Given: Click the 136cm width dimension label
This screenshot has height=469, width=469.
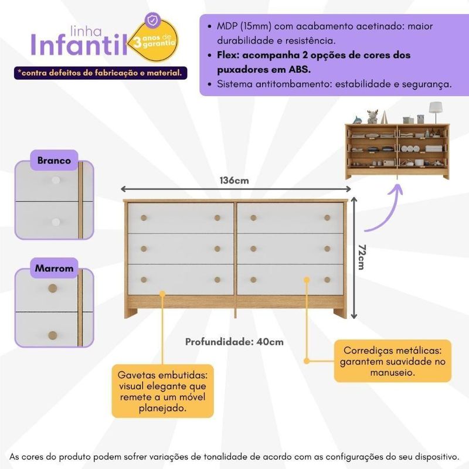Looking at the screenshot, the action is pyautogui.click(x=234, y=181).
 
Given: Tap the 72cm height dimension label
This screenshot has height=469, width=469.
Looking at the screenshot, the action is pyautogui.click(x=362, y=257).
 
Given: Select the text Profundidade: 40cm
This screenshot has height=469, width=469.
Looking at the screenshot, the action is pyautogui.click(x=234, y=342).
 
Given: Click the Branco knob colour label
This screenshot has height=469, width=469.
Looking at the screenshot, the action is pyautogui.click(x=54, y=160).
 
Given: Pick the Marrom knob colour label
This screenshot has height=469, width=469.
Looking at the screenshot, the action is pyautogui.click(x=54, y=268).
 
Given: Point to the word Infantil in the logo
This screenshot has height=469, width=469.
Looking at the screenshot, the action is pyautogui.click(x=79, y=45).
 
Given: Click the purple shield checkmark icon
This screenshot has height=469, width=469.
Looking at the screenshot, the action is pyautogui.click(x=152, y=21).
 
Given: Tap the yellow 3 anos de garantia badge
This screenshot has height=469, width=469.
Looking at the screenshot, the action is pyautogui.click(x=154, y=41).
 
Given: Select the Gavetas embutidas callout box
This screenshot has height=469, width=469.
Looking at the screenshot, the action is pyautogui.click(x=163, y=391).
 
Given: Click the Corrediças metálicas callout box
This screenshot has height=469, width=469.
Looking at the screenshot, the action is pyautogui.click(x=392, y=361).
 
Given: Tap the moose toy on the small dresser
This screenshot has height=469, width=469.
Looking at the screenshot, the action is pyautogui.click(x=372, y=116).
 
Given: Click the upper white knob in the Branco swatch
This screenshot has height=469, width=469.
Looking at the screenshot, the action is pyautogui.click(x=56, y=181).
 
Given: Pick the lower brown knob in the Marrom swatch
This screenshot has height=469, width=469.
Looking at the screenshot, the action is pyautogui.click(x=53, y=335).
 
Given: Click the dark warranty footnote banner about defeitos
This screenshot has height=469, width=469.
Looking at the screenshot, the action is pyautogui.click(x=100, y=73).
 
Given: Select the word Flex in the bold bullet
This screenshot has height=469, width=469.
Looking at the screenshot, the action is pyautogui.click(x=229, y=55).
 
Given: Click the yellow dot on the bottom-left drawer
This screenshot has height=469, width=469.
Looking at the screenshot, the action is pyautogui.click(x=162, y=294).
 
